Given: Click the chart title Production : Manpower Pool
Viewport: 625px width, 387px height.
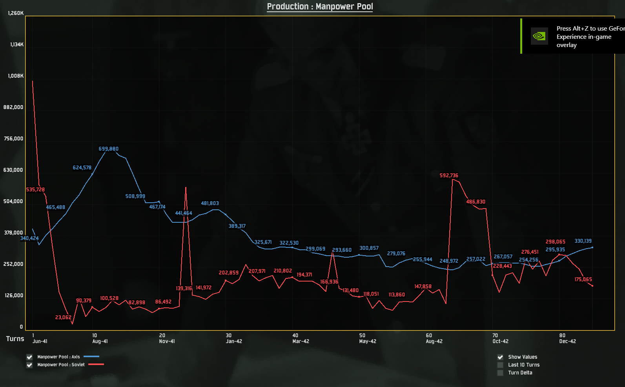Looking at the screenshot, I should (x=320, y=6).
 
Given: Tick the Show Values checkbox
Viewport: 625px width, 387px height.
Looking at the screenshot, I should (x=500, y=357).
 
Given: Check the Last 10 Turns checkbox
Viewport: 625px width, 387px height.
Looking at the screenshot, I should (x=500, y=365).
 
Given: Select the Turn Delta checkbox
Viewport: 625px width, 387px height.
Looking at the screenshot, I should (x=500, y=373).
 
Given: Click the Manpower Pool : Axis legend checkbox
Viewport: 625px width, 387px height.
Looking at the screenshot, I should (x=29, y=357).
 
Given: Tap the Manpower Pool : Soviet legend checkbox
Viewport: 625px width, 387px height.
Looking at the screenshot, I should (x=29, y=365).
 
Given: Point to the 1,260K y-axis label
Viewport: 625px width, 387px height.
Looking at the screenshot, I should (x=16, y=13).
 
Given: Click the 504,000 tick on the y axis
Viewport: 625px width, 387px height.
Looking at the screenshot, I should (x=13, y=202).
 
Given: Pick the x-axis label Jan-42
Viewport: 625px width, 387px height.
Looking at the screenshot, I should (x=234, y=342).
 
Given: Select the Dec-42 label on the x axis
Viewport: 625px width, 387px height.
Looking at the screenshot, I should (x=567, y=342).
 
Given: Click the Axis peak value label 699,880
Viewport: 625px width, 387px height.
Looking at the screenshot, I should (x=108, y=149).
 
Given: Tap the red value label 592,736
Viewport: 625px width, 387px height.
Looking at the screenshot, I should (x=449, y=176).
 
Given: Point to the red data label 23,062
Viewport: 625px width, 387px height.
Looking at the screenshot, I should (x=63, y=318).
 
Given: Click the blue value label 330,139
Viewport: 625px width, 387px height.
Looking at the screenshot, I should (x=583, y=241).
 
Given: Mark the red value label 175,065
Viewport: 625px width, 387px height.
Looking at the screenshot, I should (x=583, y=280).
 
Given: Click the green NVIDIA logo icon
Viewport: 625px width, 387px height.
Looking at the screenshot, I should (x=539, y=36).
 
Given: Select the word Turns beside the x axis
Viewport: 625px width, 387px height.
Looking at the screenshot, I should (x=15, y=339).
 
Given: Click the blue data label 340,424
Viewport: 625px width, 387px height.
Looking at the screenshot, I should (x=29, y=238).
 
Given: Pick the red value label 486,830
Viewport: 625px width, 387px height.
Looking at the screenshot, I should (x=476, y=202).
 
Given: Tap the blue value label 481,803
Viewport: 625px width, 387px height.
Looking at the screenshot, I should (x=210, y=203).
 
